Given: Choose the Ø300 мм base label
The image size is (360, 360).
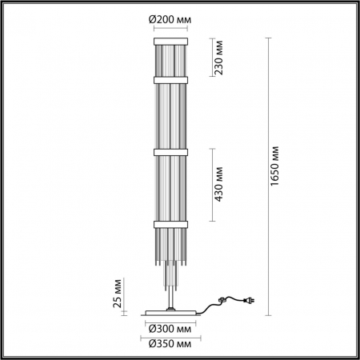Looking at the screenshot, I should pyautogui.click(x=170, y=328).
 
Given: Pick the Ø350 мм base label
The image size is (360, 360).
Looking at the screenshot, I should pyautogui.click(x=170, y=343).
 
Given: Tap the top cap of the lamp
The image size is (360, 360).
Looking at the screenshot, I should pyautogui.click(x=169, y=37).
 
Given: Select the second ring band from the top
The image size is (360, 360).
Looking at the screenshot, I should pyautogui.click(x=169, y=79).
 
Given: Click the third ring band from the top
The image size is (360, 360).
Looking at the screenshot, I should pyautogui.click(x=169, y=150).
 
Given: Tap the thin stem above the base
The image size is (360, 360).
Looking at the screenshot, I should pyautogui.click(x=169, y=292).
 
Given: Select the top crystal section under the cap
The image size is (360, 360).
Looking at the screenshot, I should pyautogui.click(x=169, y=58).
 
